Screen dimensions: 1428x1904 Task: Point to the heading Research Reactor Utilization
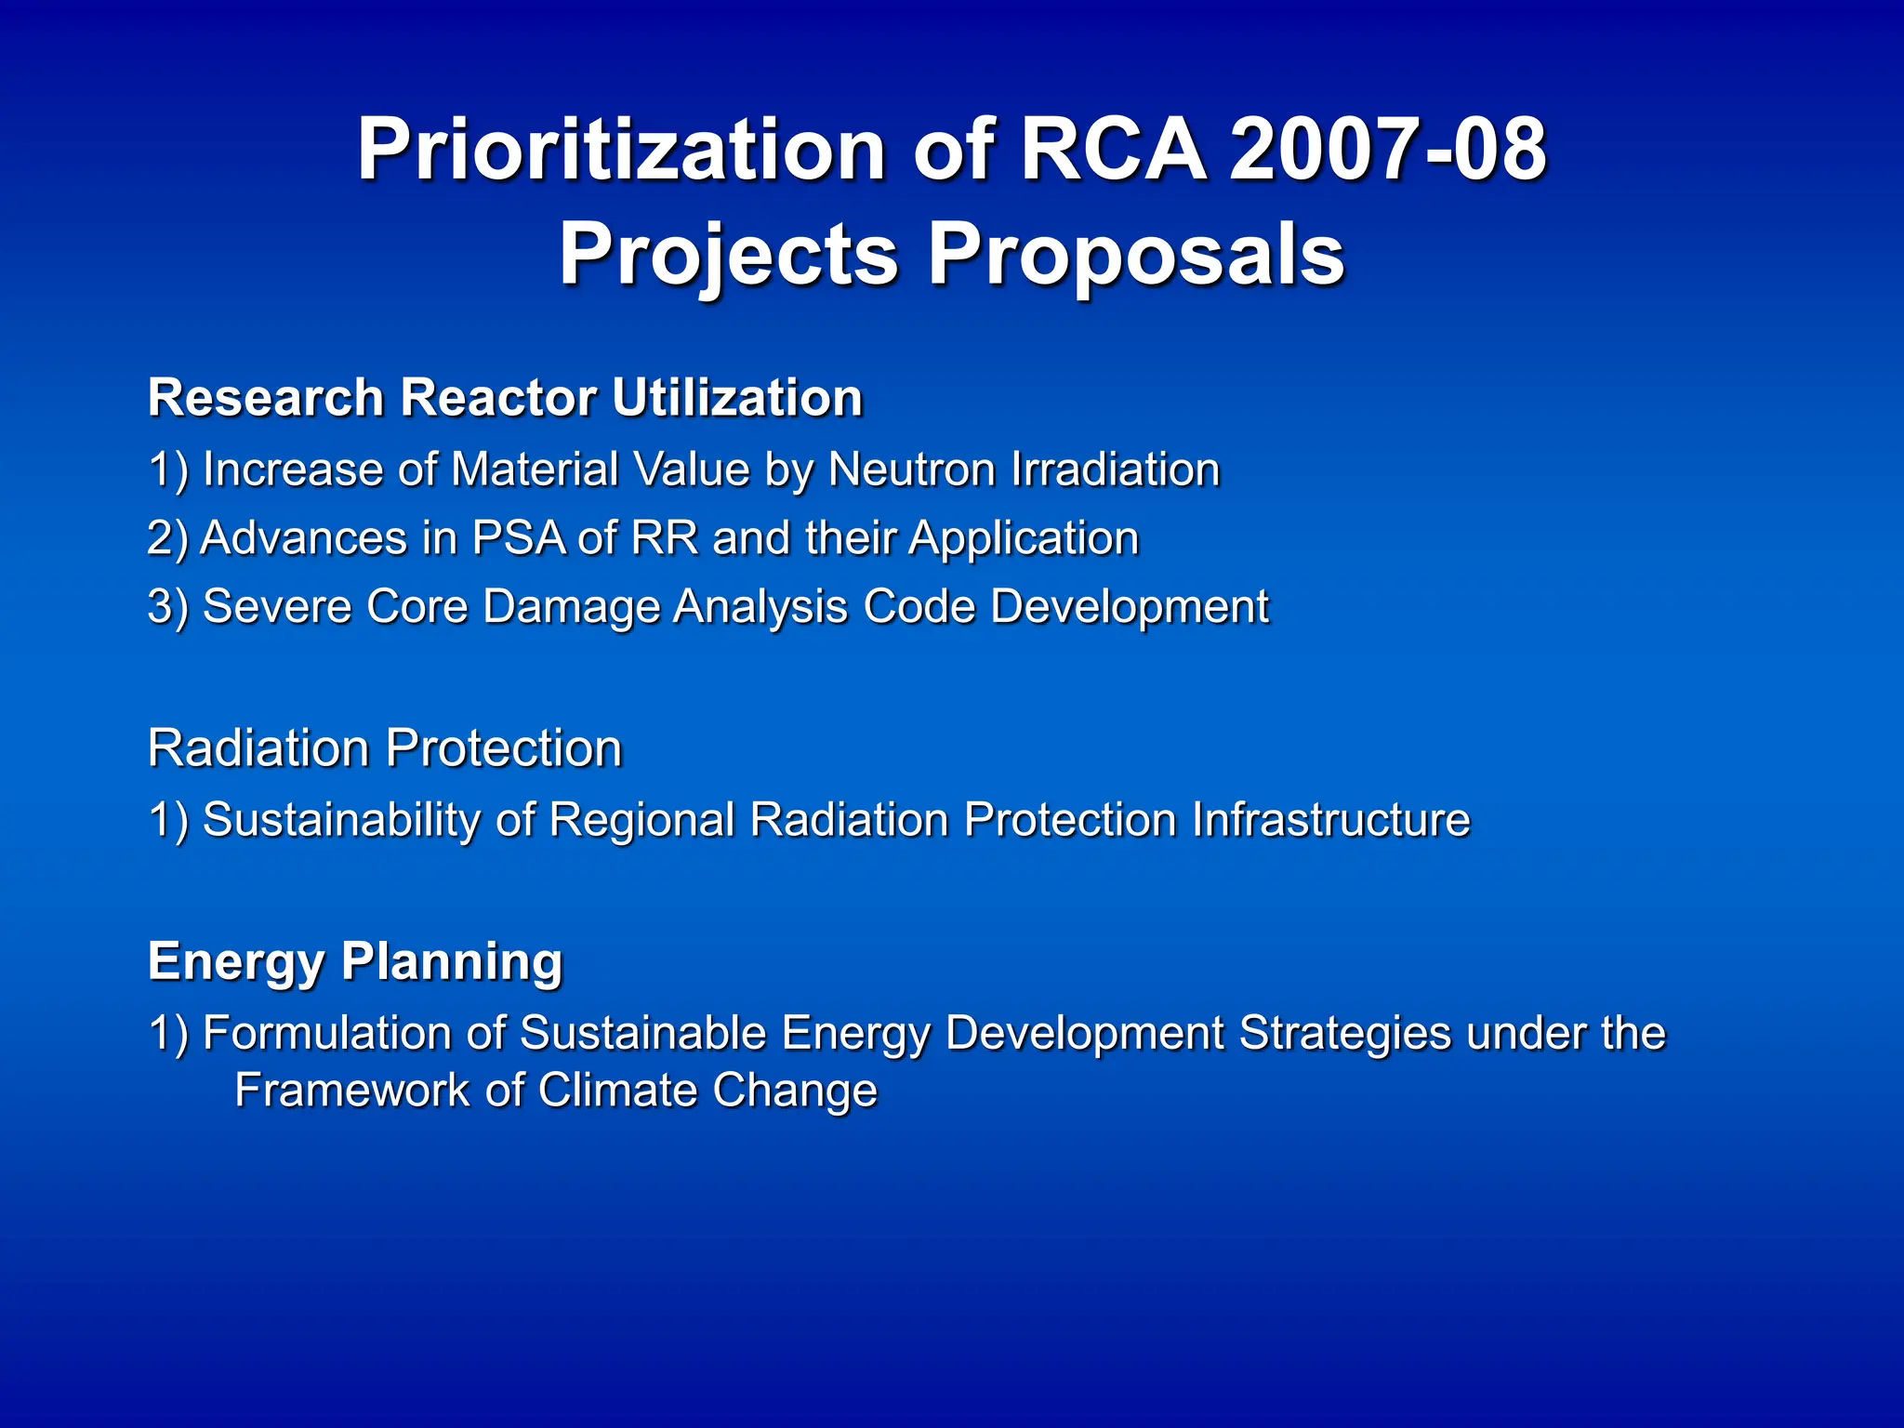pyautogui.click(x=506, y=398)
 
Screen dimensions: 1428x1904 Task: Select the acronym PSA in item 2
pyautogui.click(x=519, y=537)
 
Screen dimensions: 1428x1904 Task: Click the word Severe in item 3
pyautogui.click(x=276, y=606)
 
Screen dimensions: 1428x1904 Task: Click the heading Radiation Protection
pyautogui.click(x=385, y=747)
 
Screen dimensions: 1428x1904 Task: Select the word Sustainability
pyautogui.click(x=340, y=819)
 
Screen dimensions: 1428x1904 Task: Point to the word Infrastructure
pyautogui.click(x=1330, y=819)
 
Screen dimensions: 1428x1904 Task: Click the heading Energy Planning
pyautogui.click(x=355, y=960)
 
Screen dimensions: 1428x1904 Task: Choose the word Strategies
pyautogui.click(x=1344, y=1032)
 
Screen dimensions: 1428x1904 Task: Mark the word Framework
pyautogui.click(x=351, y=1090)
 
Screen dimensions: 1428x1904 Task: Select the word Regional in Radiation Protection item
pyautogui.click(x=641, y=819)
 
